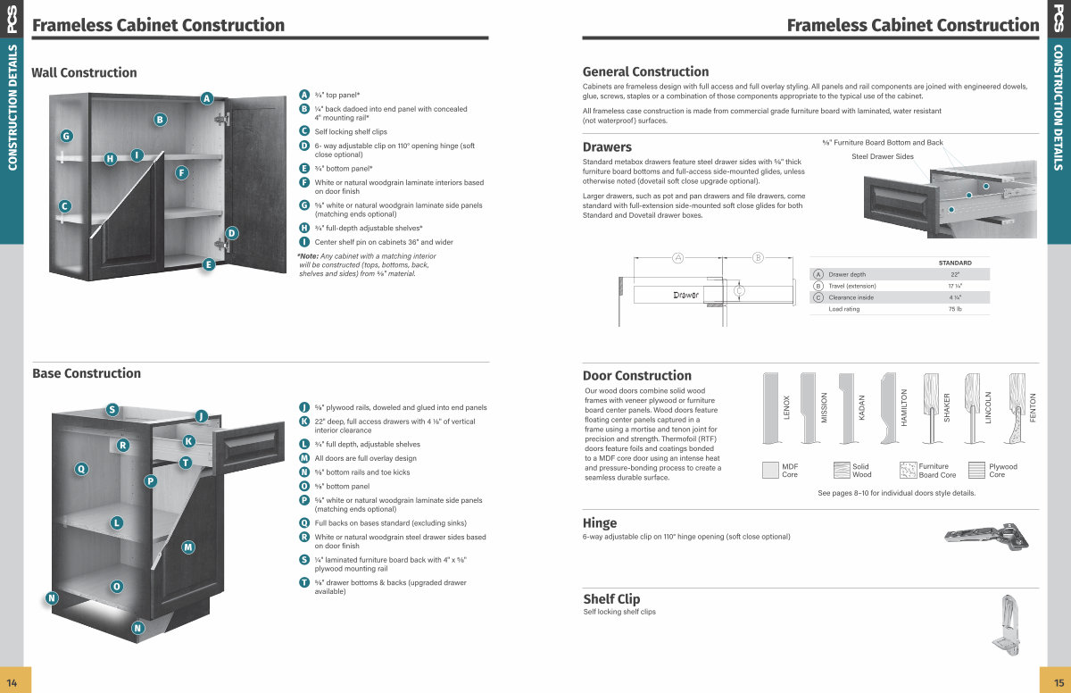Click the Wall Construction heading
pyautogui.click(x=85, y=72)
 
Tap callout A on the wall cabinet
pyautogui.click(x=206, y=98)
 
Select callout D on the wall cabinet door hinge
pyautogui.click(x=231, y=233)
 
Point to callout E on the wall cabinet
pyautogui.click(x=209, y=263)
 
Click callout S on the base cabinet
pyautogui.click(x=112, y=410)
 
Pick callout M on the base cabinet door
pyautogui.click(x=188, y=547)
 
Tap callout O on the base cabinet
pyautogui.click(x=117, y=586)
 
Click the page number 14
pyautogui.click(x=12, y=680)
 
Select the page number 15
pyautogui.click(x=1059, y=680)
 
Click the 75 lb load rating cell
pyautogui.click(x=954, y=309)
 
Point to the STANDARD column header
pyautogui.click(x=955, y=263)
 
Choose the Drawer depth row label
pyautogui.click(x=847, y=274)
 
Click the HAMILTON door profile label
pyautogui.click(x=904, y=407)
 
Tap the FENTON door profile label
pyautogui.click(x=1033, y=407)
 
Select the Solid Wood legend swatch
pyautogui.click(x=842, y=471)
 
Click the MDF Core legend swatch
pyautogui.click(x=771, y=471)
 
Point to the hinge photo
pyautogui.click(x=985, y=536)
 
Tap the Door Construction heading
pyautogui.click(x=637, y=375)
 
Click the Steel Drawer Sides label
pyautogui.click(x=883, y=156)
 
